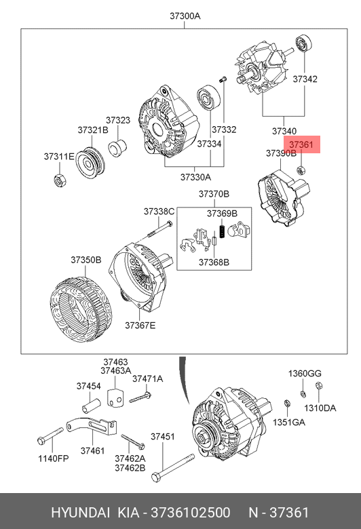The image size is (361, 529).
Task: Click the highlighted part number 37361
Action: (x=301, y=144)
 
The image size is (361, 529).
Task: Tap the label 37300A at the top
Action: (x=185, y=16)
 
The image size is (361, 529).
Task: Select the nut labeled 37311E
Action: (x=60, y=180)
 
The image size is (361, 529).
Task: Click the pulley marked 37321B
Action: (x=90, y=163)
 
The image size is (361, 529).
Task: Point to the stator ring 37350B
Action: (x=80, y=309)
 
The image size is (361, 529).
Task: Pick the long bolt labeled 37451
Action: (x=173, y=468)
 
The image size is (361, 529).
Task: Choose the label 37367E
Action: (x=140, y=326)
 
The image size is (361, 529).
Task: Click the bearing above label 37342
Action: (x=303, y=43)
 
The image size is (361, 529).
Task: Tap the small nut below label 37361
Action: (x=301, y=170)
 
